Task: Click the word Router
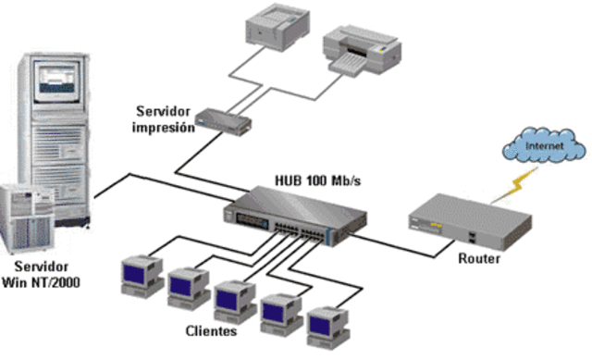coord(478,259)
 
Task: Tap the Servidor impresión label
coord(164,120)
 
